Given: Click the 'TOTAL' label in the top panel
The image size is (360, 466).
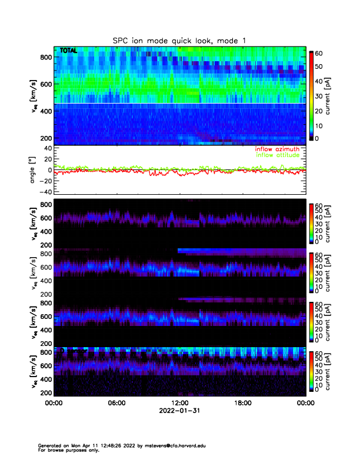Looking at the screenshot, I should (68, 52).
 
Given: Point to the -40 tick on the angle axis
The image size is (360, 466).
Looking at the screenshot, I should (45, 192).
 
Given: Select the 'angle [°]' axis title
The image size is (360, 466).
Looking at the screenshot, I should (34, 171).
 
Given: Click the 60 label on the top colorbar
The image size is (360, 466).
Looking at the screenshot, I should (319, 52).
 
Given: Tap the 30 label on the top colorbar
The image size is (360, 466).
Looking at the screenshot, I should (319, 95).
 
